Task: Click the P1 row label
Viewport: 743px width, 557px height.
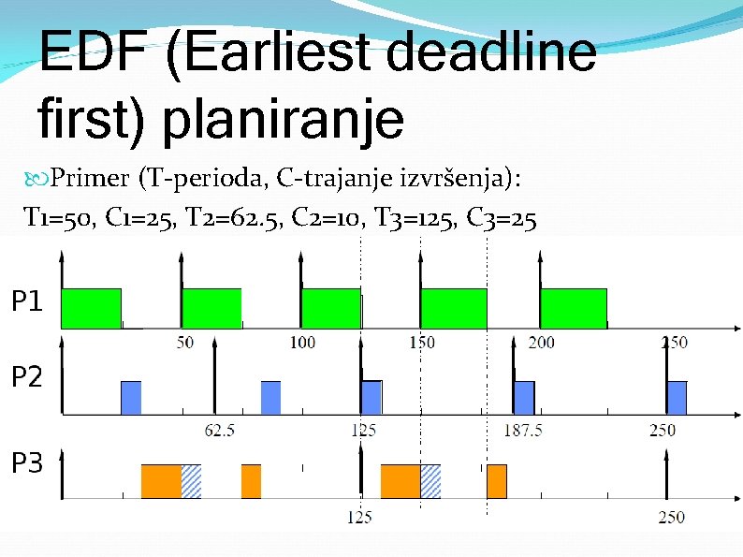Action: (x=27, y=301)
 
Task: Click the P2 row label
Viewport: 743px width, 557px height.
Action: (x=27, y=377)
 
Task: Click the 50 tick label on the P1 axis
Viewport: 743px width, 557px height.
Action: (x=185, y=343)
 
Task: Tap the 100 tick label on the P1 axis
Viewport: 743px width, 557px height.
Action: (x=302, y=343)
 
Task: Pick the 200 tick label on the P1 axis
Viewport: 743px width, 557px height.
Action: (x=541, y=343)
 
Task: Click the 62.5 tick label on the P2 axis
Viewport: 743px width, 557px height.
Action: (x=219, y=431)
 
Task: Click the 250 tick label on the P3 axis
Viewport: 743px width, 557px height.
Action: (x=671, y=517)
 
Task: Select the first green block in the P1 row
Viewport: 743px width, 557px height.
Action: (x=91, y=308)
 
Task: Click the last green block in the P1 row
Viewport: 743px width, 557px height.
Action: (x=573, y=308)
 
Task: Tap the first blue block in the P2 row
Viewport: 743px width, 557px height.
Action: (x=131, y=397)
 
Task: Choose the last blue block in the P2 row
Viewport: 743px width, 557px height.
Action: (x=677, y=397)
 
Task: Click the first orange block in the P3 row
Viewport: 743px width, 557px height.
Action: (x=161, y=481)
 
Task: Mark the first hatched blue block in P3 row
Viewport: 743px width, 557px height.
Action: (x=191, y=481)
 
